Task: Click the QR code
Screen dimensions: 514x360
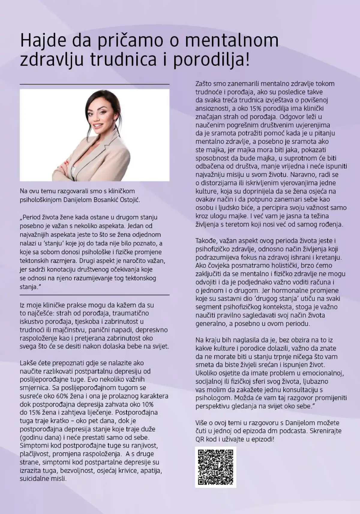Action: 216,467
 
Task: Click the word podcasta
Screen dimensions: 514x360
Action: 290,431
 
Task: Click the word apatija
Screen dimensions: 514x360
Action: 151,470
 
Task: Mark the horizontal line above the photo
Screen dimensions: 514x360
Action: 94,84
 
